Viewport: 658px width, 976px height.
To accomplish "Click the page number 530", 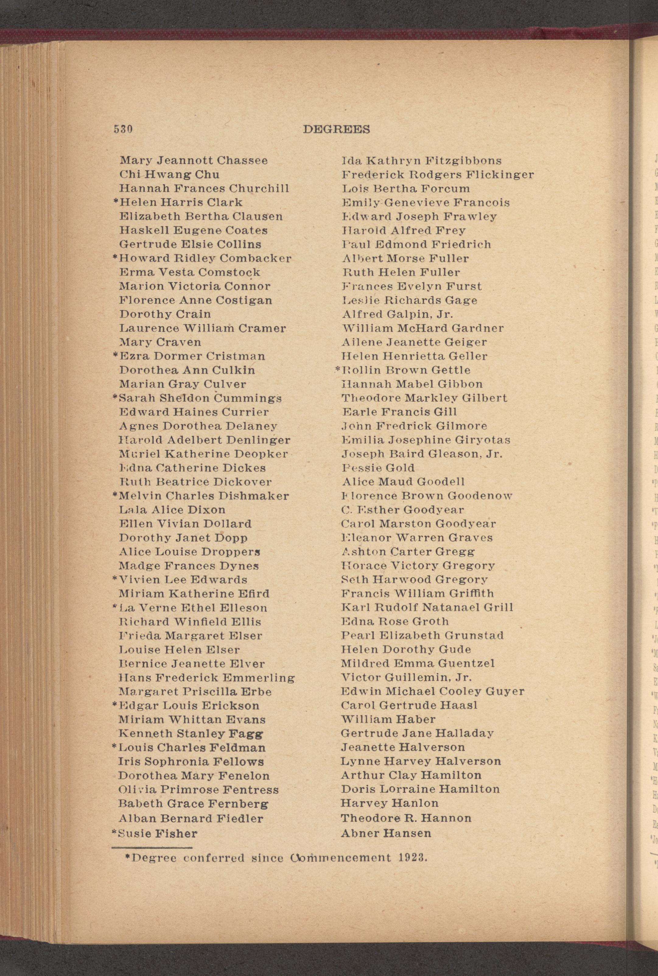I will [x=123, y=129].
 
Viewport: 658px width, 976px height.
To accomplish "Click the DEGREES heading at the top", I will [x=336, y=130].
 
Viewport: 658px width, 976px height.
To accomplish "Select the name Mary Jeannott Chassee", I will [x=194, y=160].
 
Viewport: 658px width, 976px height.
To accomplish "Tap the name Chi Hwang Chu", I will [x=169, y=175].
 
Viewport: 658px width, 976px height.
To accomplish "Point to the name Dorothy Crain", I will [x=165, y=314].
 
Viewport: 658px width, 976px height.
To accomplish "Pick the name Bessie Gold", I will [x=378, y=468].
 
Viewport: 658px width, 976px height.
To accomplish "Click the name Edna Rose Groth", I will [x=395, y=621].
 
